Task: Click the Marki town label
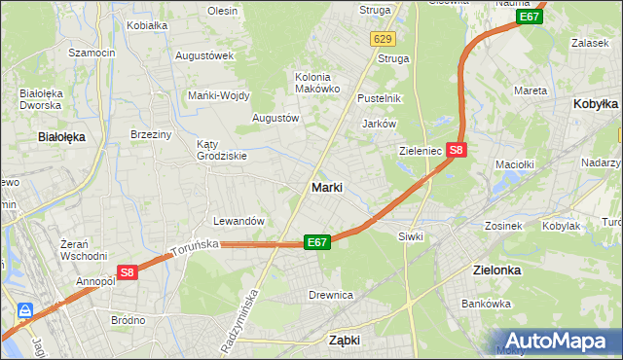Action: (326, 188)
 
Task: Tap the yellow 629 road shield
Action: (382, 39)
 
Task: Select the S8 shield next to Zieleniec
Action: (458, 150)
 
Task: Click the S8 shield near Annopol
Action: (128, 274)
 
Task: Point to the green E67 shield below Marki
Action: (317, 241)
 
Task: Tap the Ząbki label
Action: (345, 341)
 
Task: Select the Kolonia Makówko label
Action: (317, 82)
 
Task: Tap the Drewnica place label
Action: (330, 294)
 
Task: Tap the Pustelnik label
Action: (380, 99)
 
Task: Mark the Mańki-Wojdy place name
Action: (219, 95)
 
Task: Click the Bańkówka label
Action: (487, 304)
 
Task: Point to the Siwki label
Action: (410, 236)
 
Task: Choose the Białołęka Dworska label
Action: (42, 100)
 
